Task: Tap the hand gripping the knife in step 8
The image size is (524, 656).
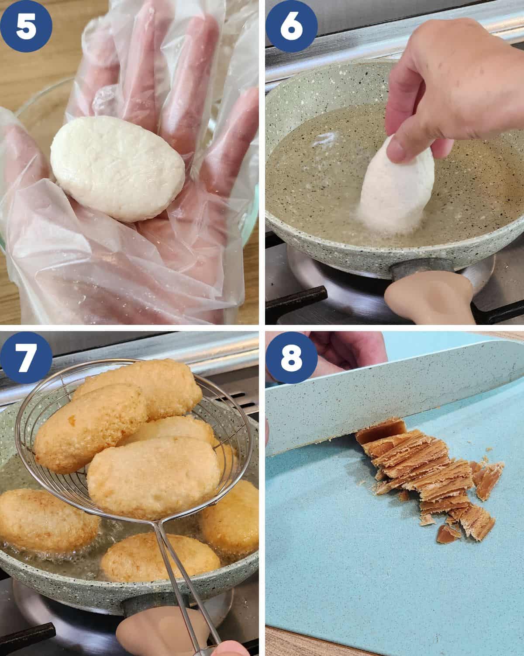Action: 345,350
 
